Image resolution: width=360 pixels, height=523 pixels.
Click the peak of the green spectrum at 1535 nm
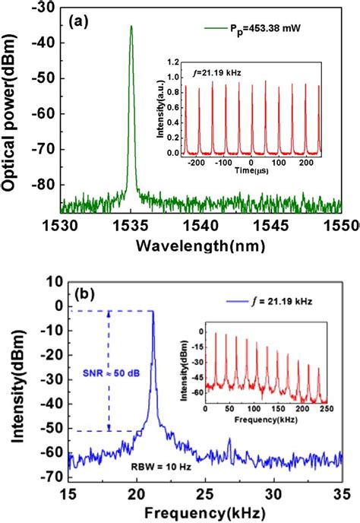click(131, 27)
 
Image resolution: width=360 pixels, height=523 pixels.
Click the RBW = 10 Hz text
click(174, 469)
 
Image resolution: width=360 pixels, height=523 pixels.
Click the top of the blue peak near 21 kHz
click(153, 311)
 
